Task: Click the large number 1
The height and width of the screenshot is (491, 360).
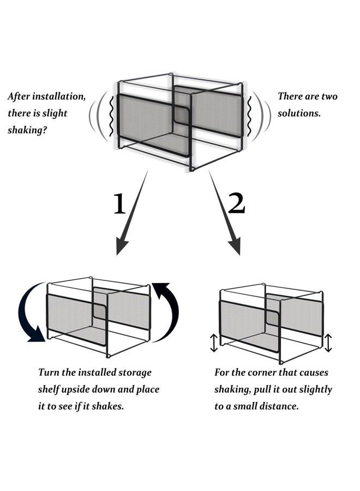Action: coord(119,204)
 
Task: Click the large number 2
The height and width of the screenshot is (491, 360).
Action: coord(236,203)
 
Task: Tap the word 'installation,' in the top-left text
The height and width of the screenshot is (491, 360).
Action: coord(61,97)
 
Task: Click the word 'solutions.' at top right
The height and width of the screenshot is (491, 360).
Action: coord(299,114)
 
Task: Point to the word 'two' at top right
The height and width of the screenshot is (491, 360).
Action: coord(328,97)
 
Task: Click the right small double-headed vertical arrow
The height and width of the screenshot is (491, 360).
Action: coord(328,343)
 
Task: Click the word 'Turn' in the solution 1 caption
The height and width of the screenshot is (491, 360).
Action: coord(49,373)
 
